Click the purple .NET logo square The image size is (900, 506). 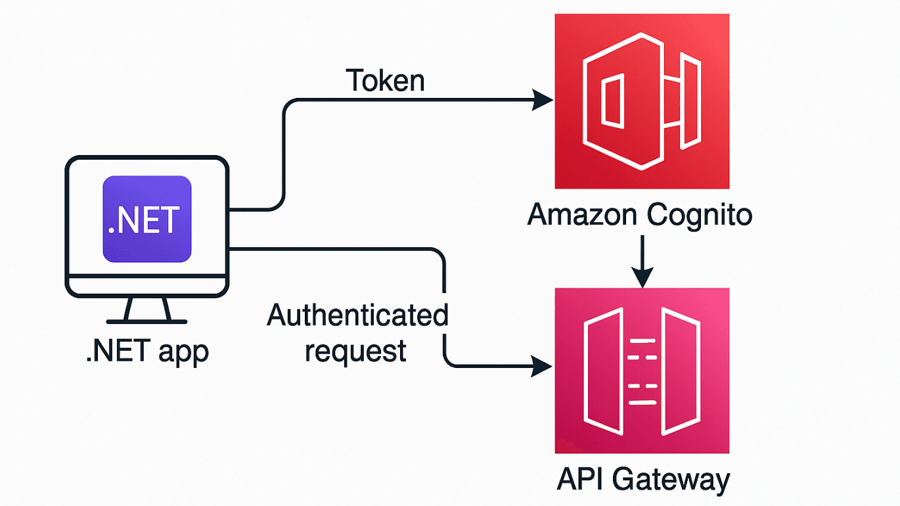147,219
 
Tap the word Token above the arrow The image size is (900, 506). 386,80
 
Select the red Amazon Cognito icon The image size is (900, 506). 642,101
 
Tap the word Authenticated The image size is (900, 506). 357,316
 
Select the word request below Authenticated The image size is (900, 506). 355,350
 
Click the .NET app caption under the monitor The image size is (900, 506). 147,352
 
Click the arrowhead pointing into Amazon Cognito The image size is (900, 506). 543,101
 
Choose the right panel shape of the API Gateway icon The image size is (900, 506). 680,371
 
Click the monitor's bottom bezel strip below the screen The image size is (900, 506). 147,287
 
